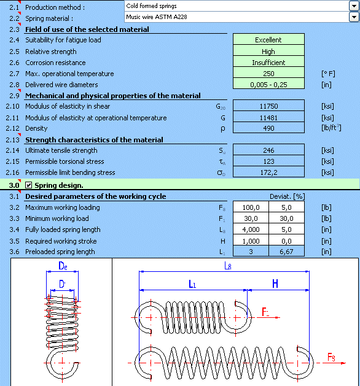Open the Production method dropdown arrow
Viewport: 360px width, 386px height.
point(354,6)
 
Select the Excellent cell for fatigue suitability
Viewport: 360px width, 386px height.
point(268,40)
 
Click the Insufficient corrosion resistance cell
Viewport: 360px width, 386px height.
point(268,63)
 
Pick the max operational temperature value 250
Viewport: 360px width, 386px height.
point(268,74)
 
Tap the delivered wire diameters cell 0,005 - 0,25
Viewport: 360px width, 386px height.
point(268,85)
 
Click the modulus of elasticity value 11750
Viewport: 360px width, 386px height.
point(268,107)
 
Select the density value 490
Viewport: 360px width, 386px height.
point(268,128)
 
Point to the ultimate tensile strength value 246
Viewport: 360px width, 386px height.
point(268,150)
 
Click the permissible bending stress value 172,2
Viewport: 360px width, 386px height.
point(268,172)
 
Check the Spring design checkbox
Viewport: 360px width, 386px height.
point(28,185)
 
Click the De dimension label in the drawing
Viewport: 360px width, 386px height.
point(63,267)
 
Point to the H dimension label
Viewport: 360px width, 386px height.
point(276,284)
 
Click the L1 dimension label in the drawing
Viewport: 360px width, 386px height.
point(192,284)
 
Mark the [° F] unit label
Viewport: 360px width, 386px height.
point(329,74)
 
